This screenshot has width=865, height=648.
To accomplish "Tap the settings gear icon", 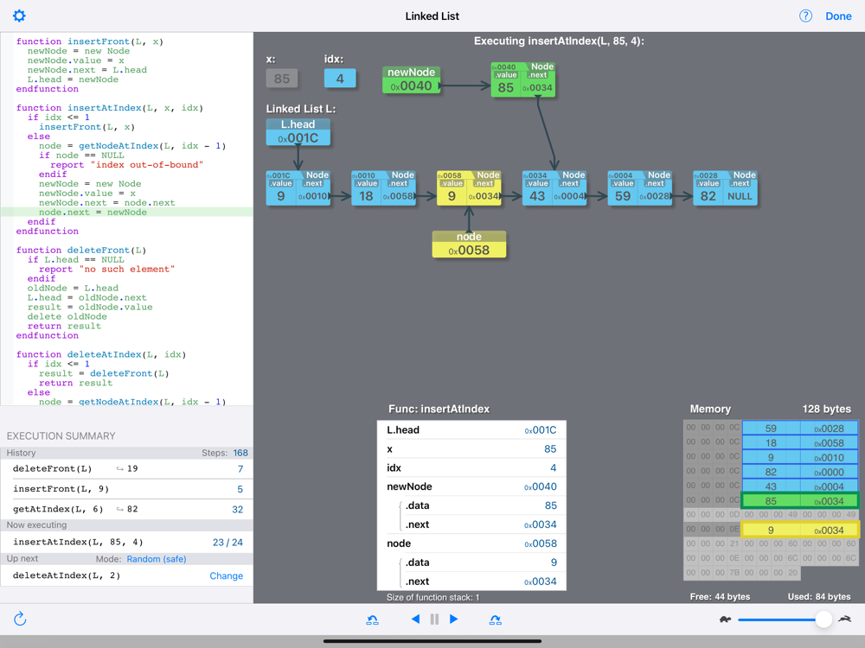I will coord(19,16).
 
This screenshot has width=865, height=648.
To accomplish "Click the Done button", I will coord(838,16).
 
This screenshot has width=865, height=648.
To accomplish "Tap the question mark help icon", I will coord(805,16).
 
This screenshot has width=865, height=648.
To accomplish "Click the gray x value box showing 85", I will coord(281,78).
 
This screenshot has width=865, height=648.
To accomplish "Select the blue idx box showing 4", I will coord(340,78).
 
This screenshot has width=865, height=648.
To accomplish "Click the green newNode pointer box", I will coord(412,80).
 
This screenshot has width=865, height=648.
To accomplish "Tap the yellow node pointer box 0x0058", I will coord(469,245).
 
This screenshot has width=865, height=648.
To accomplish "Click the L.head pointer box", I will coord(298,132).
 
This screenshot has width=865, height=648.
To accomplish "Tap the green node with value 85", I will coord(522,79).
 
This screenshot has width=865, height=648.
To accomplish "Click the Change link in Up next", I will coord(226,575).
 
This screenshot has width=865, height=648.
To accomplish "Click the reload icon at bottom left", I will coord(20,619).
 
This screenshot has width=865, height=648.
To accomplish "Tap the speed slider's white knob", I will coord(823,619).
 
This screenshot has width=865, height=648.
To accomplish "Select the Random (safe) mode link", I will coord(156,559).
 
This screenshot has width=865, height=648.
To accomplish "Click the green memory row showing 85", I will coord(799,501).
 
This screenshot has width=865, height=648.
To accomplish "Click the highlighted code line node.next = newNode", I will coord(93,213).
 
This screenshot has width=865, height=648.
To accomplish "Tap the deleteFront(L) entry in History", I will coord(52,468).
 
